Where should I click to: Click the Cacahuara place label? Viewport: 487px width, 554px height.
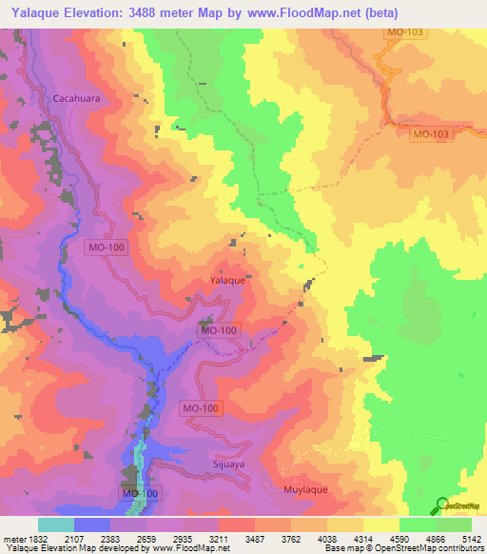tap(76, 97)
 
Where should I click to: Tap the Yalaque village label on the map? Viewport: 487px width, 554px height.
tap(227, 281)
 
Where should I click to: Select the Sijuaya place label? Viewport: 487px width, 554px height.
tap(228, 467)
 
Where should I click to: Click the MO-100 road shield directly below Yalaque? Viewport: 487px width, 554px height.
tap(217, 330)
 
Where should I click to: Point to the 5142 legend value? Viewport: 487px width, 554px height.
tap(472, 539)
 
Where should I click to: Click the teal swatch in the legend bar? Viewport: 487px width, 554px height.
tap(56, 524)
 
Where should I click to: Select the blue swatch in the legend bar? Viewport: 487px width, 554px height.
tap(92, 524)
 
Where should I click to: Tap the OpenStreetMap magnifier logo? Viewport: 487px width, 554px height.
tap(442, 505)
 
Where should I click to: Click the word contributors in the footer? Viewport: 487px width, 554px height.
tap(459, 549)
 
